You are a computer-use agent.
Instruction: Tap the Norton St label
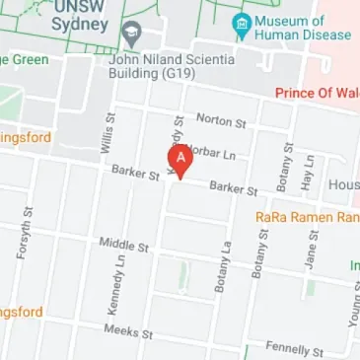click(x=220, y=121)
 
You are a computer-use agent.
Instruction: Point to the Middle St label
click(x=123, y=244)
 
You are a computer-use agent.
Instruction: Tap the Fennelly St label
click(x=289, y=348)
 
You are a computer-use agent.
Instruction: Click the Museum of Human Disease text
click(x=302, y=28)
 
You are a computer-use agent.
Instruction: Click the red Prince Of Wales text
click(x=317, y=94)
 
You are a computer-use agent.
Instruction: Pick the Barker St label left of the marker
click(x=135, y=175)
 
